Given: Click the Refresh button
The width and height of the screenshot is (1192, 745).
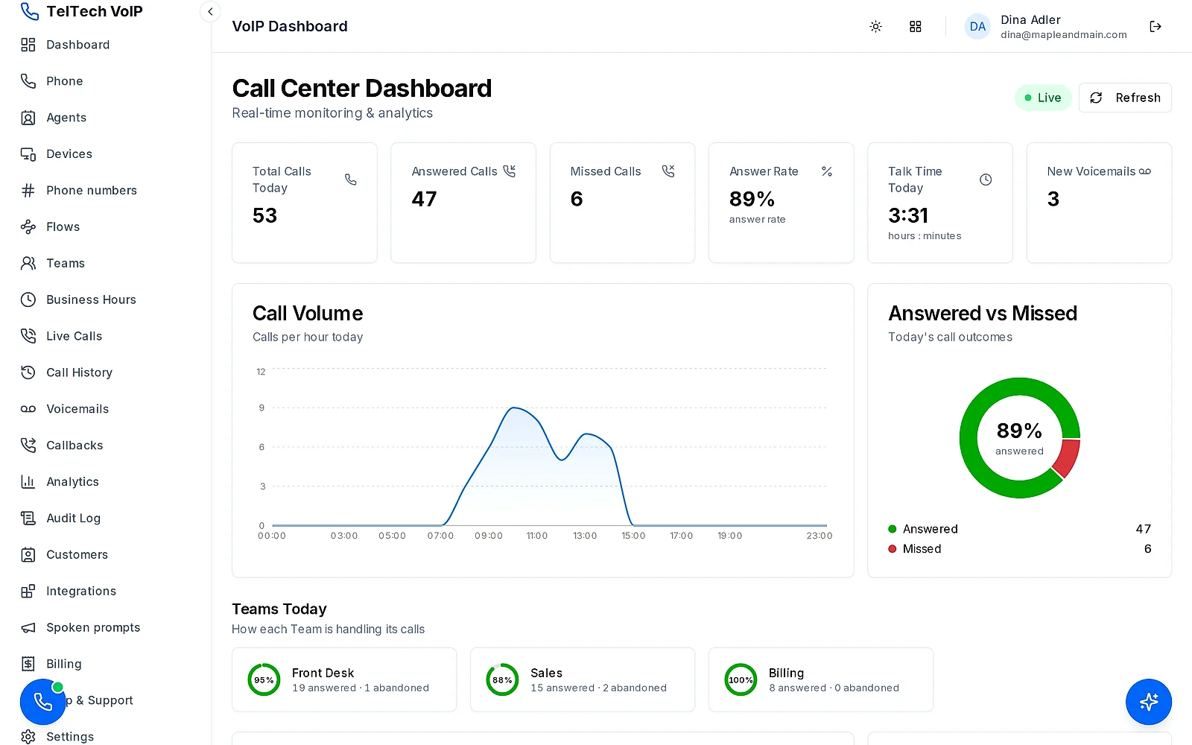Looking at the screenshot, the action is coord(1125,98).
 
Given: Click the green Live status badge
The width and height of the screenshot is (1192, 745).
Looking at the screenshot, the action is coord(1043,98).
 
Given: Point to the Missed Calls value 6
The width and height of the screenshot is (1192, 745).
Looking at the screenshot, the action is coord(577,199).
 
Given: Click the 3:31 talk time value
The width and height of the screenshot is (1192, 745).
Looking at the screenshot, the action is coord(908,215).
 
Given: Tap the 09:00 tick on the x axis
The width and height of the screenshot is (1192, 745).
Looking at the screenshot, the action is coord(489,536).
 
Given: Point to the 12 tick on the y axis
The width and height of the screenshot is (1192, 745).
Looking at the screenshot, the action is coord(261,372).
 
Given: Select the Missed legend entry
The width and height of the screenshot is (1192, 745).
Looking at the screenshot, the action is coord(916,548).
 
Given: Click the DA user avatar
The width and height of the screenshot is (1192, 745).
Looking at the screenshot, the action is coord(977,27).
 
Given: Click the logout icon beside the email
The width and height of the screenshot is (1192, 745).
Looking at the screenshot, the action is coord(1155,27).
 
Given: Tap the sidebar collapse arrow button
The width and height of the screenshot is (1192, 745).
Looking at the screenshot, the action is coord(210,12).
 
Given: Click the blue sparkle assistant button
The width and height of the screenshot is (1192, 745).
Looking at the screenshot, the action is coord(1148,702).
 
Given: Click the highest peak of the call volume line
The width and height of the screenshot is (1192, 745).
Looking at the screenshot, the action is coord(513,408).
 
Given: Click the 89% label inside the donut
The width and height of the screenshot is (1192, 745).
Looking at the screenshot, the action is coord(1019,431).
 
